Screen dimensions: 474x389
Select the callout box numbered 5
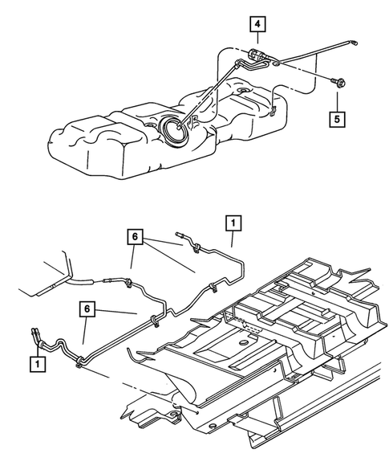tap(338, 118)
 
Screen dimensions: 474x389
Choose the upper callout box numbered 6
tap(135, 237)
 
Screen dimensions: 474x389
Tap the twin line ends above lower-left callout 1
tap(35, 331)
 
